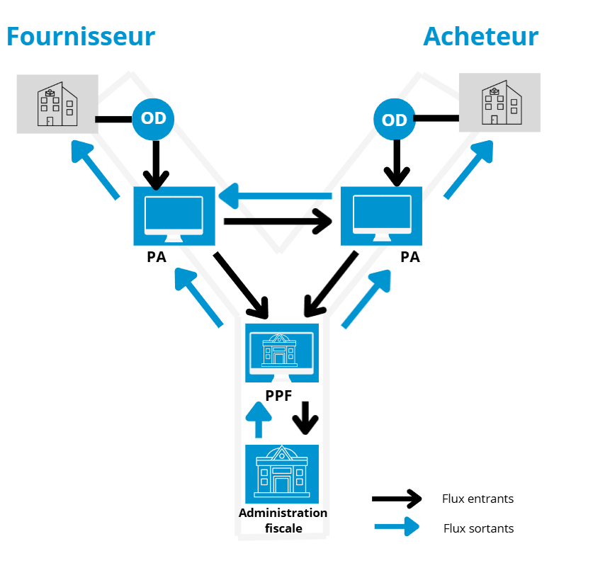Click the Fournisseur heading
81,36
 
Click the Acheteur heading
480,36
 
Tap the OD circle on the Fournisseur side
154,119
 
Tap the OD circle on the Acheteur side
394,120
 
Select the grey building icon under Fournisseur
57,103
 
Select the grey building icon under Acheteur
500,103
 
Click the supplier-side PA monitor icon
174,215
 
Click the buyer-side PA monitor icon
382,215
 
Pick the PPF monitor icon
282,352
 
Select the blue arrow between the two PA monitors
276,195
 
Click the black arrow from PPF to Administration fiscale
306,418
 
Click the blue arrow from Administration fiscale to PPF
258,420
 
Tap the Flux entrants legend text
478,499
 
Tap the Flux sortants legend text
478,528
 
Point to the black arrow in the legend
396,499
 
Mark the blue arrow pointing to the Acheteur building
469,170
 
